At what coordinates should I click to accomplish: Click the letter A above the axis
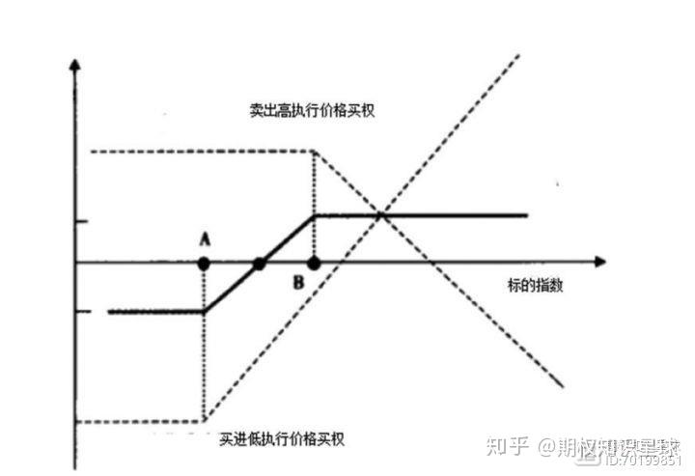tap(204, 238)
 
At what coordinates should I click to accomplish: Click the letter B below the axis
tap(299, 282)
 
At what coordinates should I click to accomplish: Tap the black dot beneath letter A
tap(204, 262)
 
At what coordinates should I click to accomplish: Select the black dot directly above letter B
tap(314, 262)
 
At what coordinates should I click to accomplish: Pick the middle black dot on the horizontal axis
tap(259, 262)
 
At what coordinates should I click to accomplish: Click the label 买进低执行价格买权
tap(281, 439)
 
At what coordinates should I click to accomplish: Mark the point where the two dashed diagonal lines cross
tap(382, 214)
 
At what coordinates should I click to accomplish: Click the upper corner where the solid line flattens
tap(316, 215)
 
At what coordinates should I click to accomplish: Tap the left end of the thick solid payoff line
tap(109, 312)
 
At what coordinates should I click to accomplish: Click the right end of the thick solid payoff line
tap(527, 215)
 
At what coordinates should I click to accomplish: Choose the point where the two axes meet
tap(73, 262)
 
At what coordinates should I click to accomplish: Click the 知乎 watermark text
tap(508, 446)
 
